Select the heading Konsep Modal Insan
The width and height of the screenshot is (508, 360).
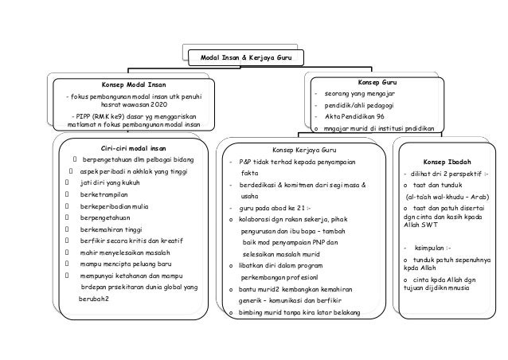pos(134,84)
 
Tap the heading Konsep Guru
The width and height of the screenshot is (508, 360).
pos(378,81)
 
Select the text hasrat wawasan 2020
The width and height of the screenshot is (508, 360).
pos(134,105)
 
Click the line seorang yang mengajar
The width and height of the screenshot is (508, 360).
pos(361,93)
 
